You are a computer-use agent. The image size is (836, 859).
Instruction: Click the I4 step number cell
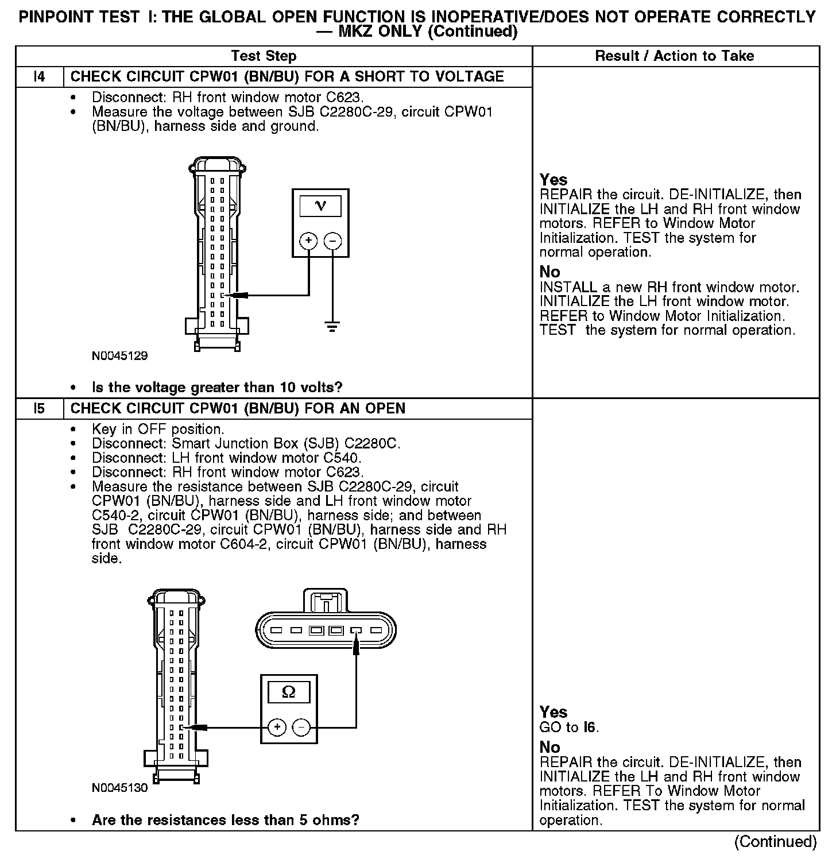coord(39,77)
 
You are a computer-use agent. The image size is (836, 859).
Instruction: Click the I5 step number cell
coord(39,409)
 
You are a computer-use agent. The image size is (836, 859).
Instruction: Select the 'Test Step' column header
coord(264,56)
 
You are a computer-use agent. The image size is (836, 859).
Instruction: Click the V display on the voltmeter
coord(320,206)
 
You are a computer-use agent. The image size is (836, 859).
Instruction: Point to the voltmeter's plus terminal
coord(309,241)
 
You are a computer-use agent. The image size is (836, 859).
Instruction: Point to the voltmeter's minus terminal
coord(332,241)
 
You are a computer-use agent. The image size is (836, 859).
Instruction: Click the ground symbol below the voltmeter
coord(332,327)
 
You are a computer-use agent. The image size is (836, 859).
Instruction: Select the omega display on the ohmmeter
coord(288,692)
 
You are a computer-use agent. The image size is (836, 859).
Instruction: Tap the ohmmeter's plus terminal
coord(277,728)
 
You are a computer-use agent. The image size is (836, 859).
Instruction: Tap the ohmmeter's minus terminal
coord(301,728)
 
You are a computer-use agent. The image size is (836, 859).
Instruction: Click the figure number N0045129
coord(119,356)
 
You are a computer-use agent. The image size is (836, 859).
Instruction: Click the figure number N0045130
coord(119,788)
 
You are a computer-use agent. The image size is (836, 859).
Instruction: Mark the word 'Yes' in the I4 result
coord(554,180)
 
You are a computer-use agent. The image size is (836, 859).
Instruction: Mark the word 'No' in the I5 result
coord(549,747)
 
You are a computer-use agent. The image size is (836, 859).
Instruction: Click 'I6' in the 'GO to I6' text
coord(590,728)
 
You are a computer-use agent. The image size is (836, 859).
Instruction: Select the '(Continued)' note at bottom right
coord(775,842)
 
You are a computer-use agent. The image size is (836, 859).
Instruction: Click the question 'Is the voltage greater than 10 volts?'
coord(217,388)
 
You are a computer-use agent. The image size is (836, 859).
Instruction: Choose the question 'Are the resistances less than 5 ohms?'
coord(225,820)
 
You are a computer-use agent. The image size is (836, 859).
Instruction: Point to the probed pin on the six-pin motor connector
coord(355,631)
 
